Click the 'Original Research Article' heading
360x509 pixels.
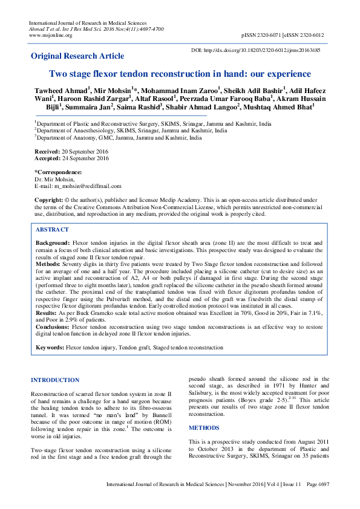point(77,56)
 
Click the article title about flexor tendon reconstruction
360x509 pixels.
point(179,74)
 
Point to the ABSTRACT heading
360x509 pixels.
point(52,230)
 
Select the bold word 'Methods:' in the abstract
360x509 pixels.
point(48,264)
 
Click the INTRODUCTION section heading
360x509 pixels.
point(54,380)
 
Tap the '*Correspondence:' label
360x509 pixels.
point(57,172)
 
